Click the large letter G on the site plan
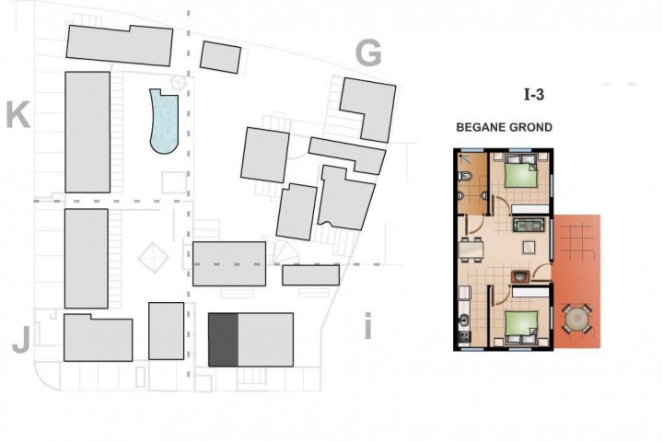pyautogui.click(x=368, y=53)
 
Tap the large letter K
pyautogui.click(x=18, y=114)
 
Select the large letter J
pyautogui.click(x=21, y=341)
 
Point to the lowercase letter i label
pyautogui.click(x=367, y=326)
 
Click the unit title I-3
pyautogui.click(x=534, y=95)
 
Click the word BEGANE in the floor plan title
pyautogui.click(x=479, y=127)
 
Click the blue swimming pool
pyautogui.click(x=164, y=121)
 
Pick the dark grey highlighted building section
pyautogui.click(x=223, y=340)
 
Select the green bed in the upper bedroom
pyautogui.click(x=521, y=171)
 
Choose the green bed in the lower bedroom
pyautogui.click(x=522, y=328)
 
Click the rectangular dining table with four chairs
pyautogui.click(x=471, y=249)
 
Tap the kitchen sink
pyautogui.click(x=464, y=320)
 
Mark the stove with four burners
pyautogui.click(x=464, y=337)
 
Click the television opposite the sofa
pyautogui.click(x=519, y=276)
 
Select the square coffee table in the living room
pyautogui.click(x=529, y=247)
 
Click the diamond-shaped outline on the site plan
pyautogui.click(x=153, y=257)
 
